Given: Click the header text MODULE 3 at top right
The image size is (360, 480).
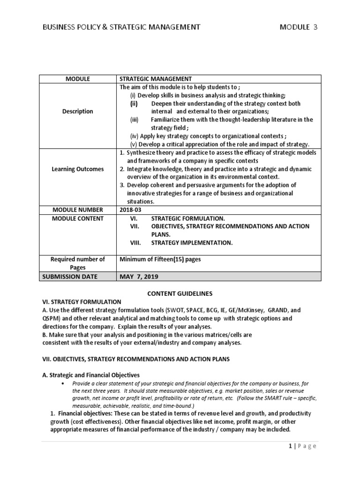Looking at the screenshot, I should (x=298, y=27).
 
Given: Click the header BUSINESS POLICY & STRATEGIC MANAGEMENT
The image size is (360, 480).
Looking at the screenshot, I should (x=121, y=27).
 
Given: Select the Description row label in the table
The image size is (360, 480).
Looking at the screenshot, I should (x=77, y=111).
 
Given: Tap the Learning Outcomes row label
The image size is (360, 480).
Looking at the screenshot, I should (x=77, y=169).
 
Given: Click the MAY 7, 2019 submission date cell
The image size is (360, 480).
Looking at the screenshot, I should (x=140, y=276).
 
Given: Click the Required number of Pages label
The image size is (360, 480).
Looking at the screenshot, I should (x=77, y=262).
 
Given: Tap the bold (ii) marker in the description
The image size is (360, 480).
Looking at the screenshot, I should (x=135, y=103).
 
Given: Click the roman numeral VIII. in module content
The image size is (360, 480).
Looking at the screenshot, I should (x=137, y=243).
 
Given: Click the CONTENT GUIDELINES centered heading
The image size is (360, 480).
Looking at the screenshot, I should (x=180, y=293).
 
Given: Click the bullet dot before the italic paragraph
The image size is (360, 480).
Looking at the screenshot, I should (x=63, y=383).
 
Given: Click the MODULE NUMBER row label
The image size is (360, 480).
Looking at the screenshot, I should (x=77, y=210).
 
